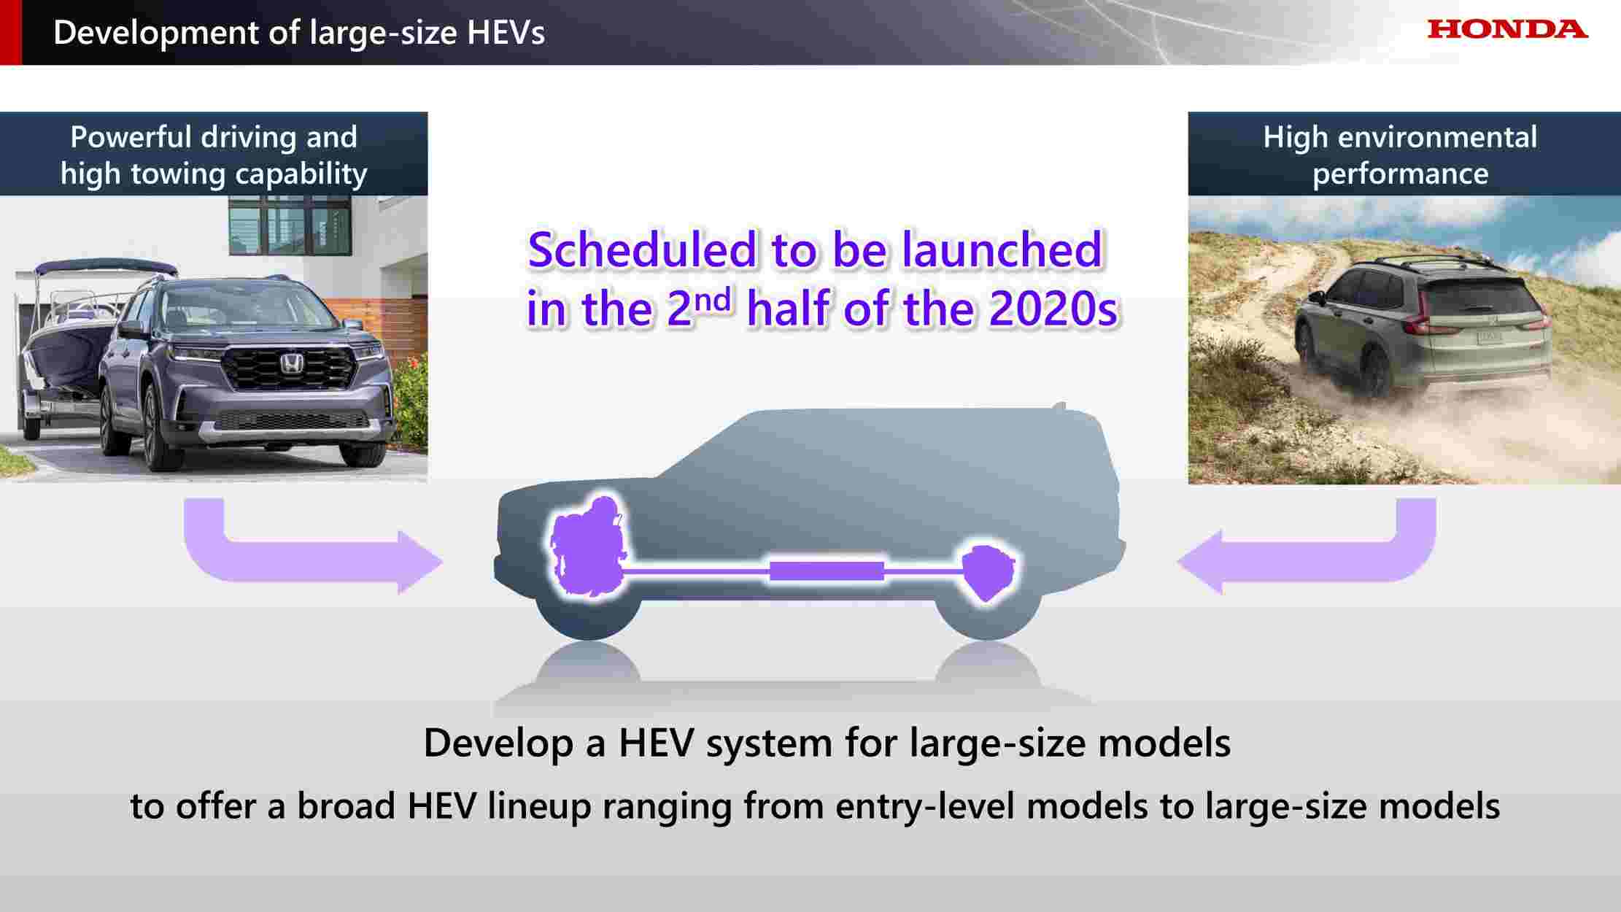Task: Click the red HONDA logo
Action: pos(1507,29)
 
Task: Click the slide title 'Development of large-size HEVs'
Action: pos(299,33)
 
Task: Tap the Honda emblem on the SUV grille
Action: pos(292,363)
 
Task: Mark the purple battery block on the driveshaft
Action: pos(827,571)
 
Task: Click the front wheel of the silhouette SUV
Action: pos(588,609)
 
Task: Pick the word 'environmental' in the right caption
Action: pos(1455,137)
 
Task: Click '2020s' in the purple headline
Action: pos(1053,309)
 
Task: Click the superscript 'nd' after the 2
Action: pos(713,299)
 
